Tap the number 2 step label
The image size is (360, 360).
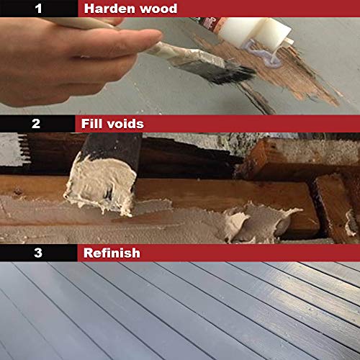coord(36,124)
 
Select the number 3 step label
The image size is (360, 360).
coord(36,253)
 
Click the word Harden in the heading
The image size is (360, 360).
coord(108,9)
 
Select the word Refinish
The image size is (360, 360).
coord(112,253)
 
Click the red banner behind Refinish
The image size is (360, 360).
coord(252,253)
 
